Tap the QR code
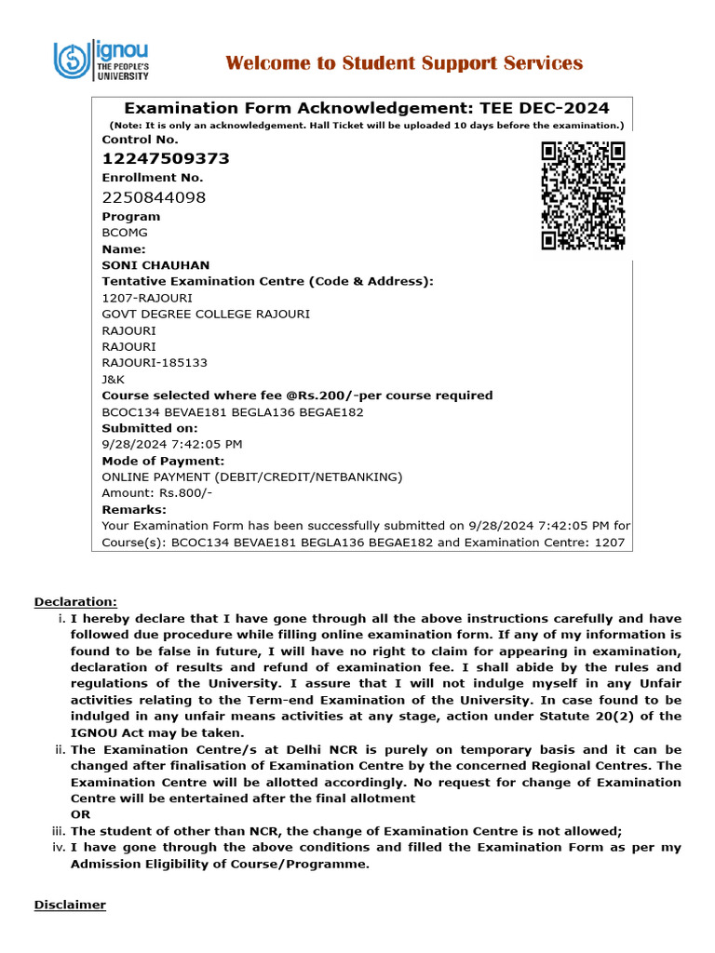pyautogui.click(x=583, y=195)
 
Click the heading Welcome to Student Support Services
pyautogui.click(x=404, y=63)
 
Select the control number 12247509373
pyautogui.click(x=166, y=159)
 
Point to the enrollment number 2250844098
pyautogui.click(x=154, y=197)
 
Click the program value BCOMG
pyautogui.click(x=125, y=233)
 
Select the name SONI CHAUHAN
pyautogui.click(x=155, y=265)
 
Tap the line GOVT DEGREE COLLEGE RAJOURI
pyautogui.click(x=206, y=314)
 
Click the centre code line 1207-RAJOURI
pyautogui.click(x=147, y=298)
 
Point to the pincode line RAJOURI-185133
pyautogui.click(x=155, y=363)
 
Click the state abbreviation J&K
pyautogui.click(x=113, y=380)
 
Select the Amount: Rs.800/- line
pyautogui.click(x=156, y=493)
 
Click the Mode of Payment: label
pyautogui.click(x=163, y=461)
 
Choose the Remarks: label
pyautogui.click(x=134, y=510)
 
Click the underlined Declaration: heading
pyautogui.click(x=75, y=602)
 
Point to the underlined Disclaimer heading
pyautogui.click(x=70, y=905)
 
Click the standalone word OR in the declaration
pyautogui.click(x=80, y=814)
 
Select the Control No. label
pyautogui.click(x=140, y=140)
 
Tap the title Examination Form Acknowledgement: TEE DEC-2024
pyautogui.click(x=362, y=108)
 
